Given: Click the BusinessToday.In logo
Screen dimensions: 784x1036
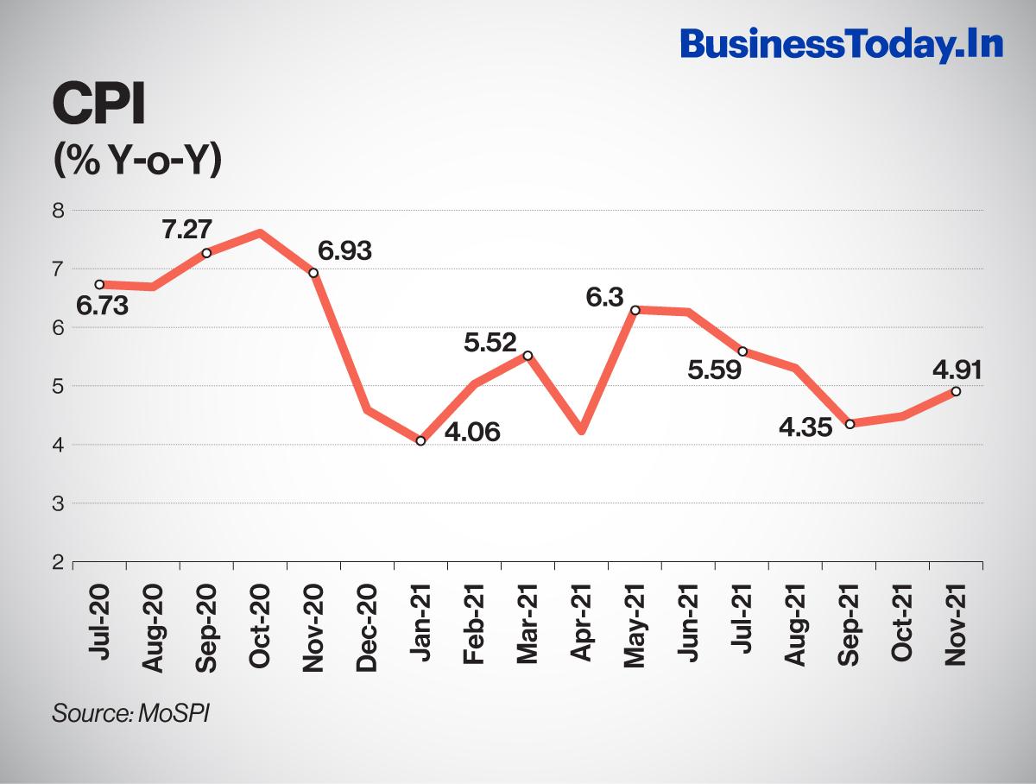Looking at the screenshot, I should (842, 44).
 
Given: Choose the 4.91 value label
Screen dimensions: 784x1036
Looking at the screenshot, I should (956, 369).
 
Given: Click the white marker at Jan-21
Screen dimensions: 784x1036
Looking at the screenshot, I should (420, 440).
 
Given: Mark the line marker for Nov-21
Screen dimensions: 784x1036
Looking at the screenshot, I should (956, 391).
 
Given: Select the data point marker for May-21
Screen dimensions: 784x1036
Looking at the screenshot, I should (635, 310).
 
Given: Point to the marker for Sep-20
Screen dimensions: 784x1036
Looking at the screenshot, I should (206, 253).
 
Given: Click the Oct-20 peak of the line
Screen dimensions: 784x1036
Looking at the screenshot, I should (260, 233).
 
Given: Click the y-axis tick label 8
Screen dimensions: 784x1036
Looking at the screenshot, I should (58, 210).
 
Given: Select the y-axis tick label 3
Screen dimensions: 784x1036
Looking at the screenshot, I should (58, 503).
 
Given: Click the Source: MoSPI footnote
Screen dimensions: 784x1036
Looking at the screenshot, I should (132, 713).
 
